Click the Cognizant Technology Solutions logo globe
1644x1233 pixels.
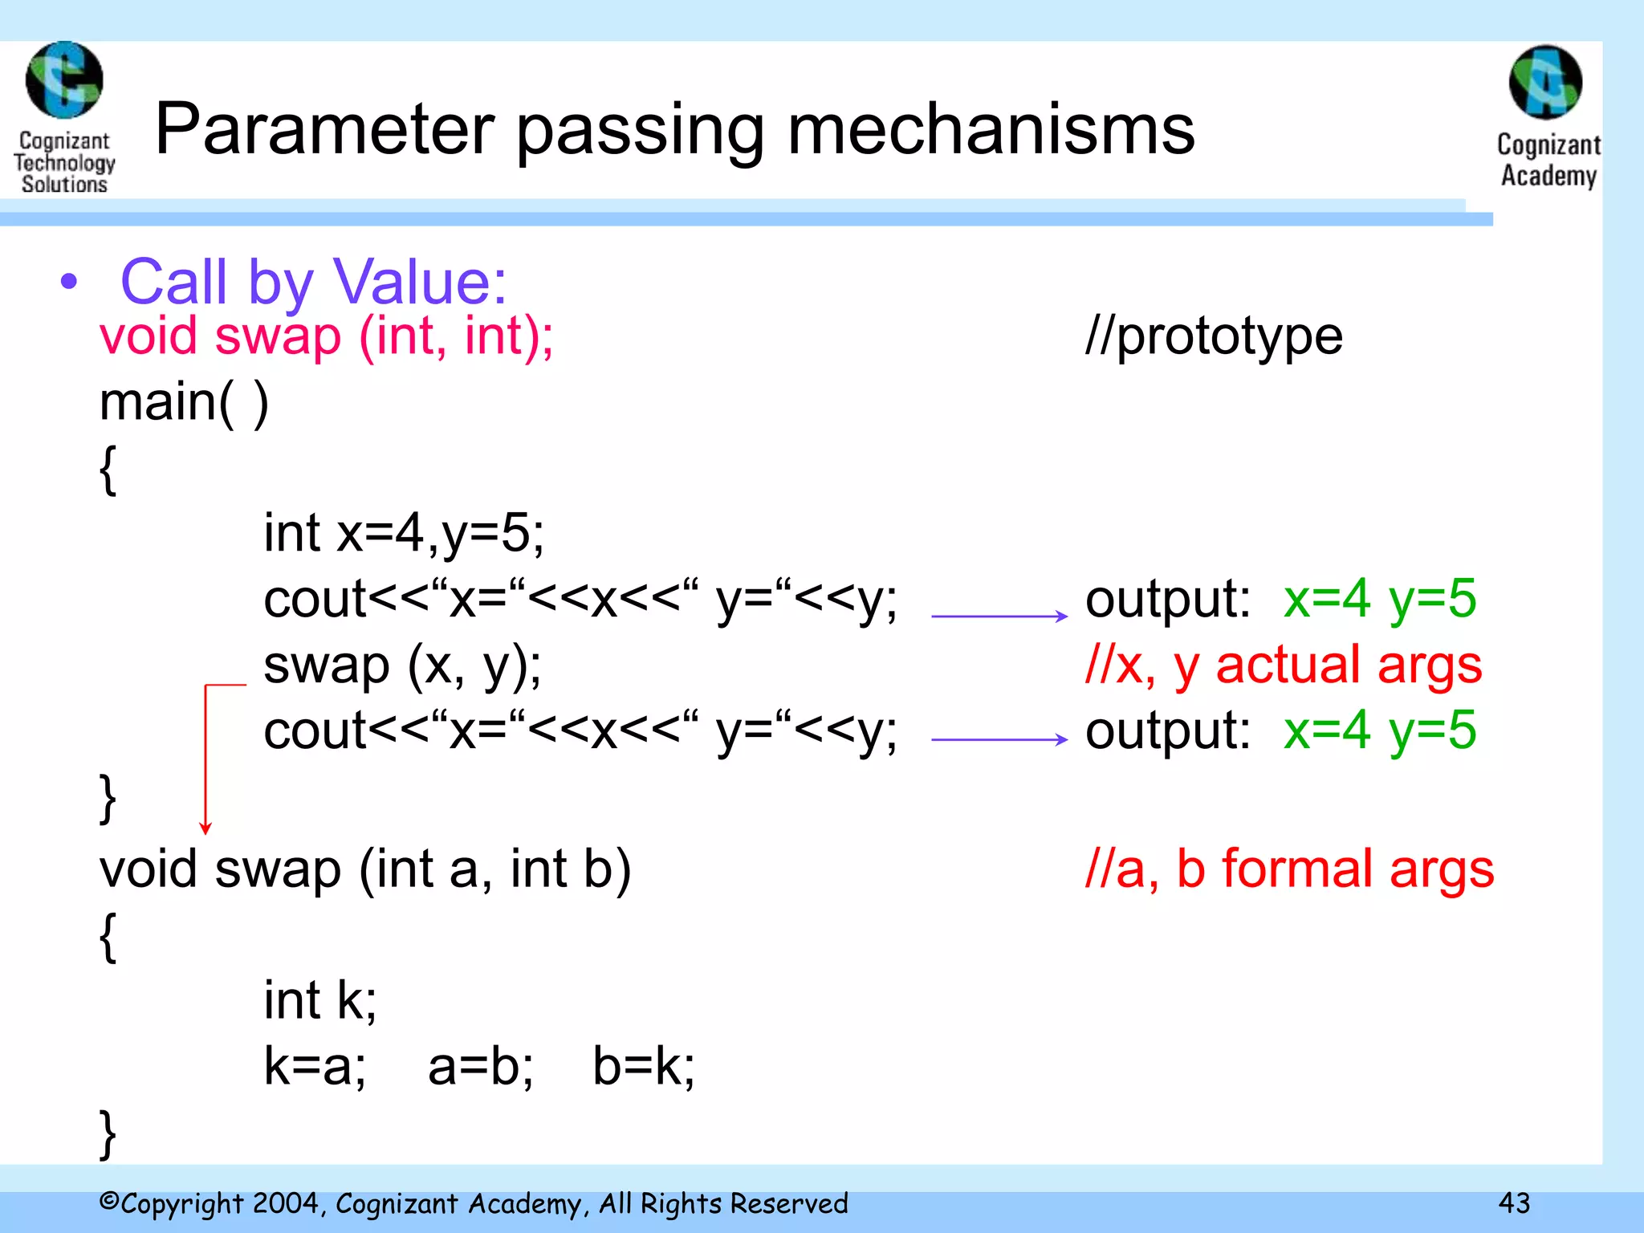click(64, 80)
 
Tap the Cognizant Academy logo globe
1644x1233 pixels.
click(1545, 83)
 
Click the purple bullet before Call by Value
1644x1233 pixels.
click(70, 282)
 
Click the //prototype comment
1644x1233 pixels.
click(1213, 336)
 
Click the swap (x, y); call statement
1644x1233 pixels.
click(402, 665)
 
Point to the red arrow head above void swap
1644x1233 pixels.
click(205, 828)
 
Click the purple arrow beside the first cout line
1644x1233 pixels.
click(999, 616)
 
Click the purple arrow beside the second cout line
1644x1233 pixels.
click(999, 739)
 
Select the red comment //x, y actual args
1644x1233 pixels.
click(1283, 665)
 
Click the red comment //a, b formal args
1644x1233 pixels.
click(1288, 869)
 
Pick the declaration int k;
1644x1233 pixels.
click(320, 1000)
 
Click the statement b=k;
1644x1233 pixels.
click(643, 1067)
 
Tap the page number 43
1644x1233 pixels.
click(1514, 1202)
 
